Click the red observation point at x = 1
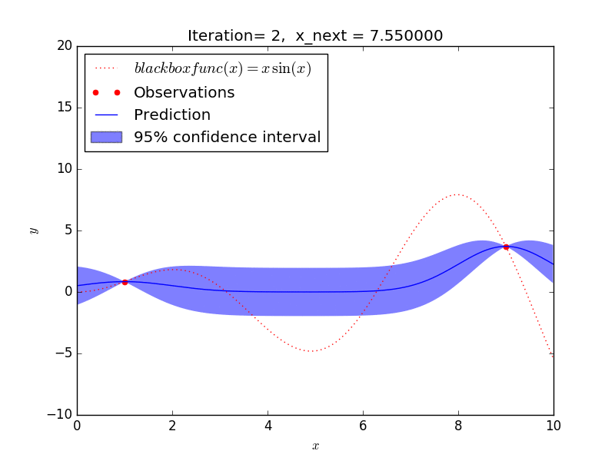point(125,282)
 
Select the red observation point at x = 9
point(506,247)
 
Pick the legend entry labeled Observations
point(184,92)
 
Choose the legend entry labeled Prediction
point(171,115)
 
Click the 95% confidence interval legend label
point(227,138)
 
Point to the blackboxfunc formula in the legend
point(222,68)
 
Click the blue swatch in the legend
point(105,137)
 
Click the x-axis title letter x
point(315,446)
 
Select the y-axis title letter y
point(33,230)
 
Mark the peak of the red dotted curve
point(457,194)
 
